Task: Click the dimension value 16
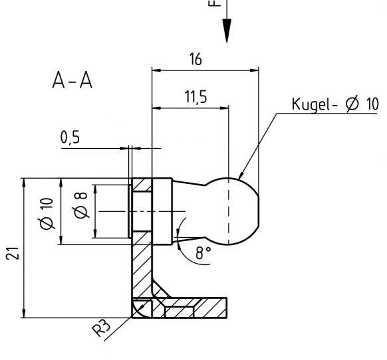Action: point(195,59)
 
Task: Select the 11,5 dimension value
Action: point(195,97)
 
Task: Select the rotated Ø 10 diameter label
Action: point(46,213)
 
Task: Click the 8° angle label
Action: point(203,253)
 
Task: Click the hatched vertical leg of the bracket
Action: point(142,266)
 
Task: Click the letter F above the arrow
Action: point(214,3)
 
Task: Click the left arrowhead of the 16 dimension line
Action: point(156,68)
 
